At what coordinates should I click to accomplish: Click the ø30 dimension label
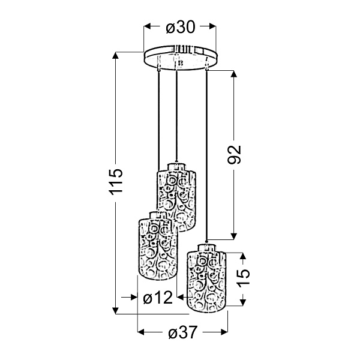[x=181, y=27]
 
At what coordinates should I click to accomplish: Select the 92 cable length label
[x=234, y=155]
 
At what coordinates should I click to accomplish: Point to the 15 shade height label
[x=243, y=278]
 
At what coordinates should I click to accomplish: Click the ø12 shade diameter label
[x=158, y=298]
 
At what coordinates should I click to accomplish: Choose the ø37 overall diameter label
[x=183, y=332]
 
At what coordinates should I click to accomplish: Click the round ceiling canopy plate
[x=180, y=58]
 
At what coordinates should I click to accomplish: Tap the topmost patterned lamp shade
[x=176, y=197]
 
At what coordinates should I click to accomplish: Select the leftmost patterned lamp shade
[x=158, y=246]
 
